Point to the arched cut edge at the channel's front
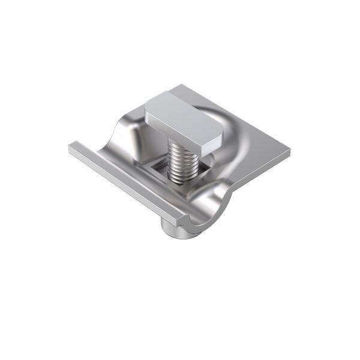[x=207, y=210]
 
